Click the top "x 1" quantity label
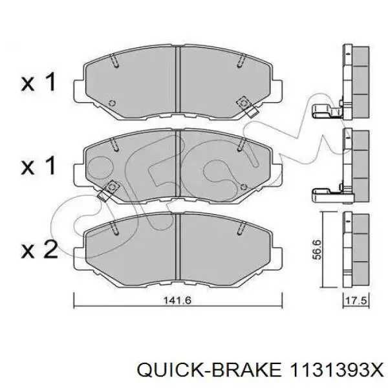click(40, 82)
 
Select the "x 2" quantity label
click(40, 250)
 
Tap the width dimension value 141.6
click(179, 299)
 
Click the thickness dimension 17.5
click(352, 299)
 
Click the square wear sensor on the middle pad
click(109, 187)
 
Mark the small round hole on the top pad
click(112, 103)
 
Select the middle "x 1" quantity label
click(40, 166)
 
